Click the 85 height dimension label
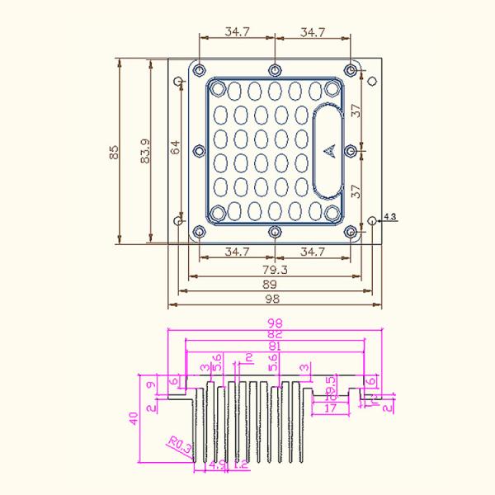click(114, 152)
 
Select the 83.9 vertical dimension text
click(145, 152)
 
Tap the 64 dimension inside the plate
click(175, 148)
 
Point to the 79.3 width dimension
click(275, 269)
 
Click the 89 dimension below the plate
click(275, 284)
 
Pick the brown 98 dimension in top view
click(275, 298)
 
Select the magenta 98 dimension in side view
click(275, 323)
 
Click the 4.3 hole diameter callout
click(390, 217)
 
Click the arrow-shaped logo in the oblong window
click(328, 149)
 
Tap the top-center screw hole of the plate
click(275, 68)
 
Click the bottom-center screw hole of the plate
click(275, 232)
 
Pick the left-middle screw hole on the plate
click(198, 150)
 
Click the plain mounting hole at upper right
click(372, 81)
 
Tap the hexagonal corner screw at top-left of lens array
click(218, 87)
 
